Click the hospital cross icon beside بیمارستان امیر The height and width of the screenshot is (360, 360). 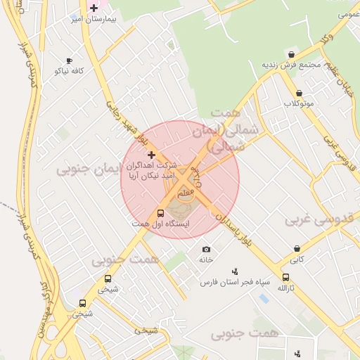tap(94, 8)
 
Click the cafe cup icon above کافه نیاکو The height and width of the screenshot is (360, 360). tap(69, 61)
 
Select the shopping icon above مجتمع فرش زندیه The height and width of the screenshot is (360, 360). tap(291, 54)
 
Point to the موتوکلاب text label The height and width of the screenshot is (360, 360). tap(298, 103)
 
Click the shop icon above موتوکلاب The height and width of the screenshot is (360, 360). tap(299, 94)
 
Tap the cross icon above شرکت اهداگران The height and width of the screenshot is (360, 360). tap(150, 154)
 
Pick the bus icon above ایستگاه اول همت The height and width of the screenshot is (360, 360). tap(160, 213)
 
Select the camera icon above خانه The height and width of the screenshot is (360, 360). tap(206, 250)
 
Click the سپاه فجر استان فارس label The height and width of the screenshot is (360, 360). tap(235, 282)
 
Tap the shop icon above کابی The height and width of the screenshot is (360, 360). tap(298, 249)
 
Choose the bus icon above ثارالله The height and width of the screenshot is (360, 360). tap(285, 278)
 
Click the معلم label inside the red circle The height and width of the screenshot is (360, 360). tap(185, 191)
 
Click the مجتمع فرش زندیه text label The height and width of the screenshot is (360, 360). tap(291, 65)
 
